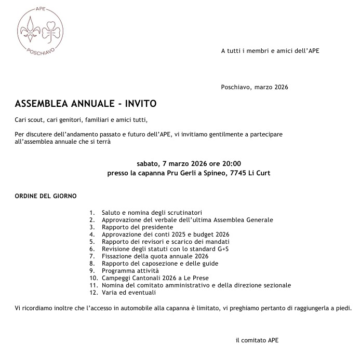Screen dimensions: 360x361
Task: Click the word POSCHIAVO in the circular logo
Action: (41, 52)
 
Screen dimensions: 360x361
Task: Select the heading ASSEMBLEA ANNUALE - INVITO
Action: (86, 104)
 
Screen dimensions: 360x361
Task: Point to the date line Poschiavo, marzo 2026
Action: (255, 87)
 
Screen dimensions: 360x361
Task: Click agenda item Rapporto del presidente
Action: (137, 227)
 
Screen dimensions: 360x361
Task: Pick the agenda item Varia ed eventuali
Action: (128, 293)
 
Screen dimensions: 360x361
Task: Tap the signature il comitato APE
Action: (257, 340)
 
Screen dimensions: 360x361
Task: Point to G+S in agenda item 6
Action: (222, 249)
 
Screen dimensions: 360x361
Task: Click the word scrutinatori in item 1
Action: (183, 213)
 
